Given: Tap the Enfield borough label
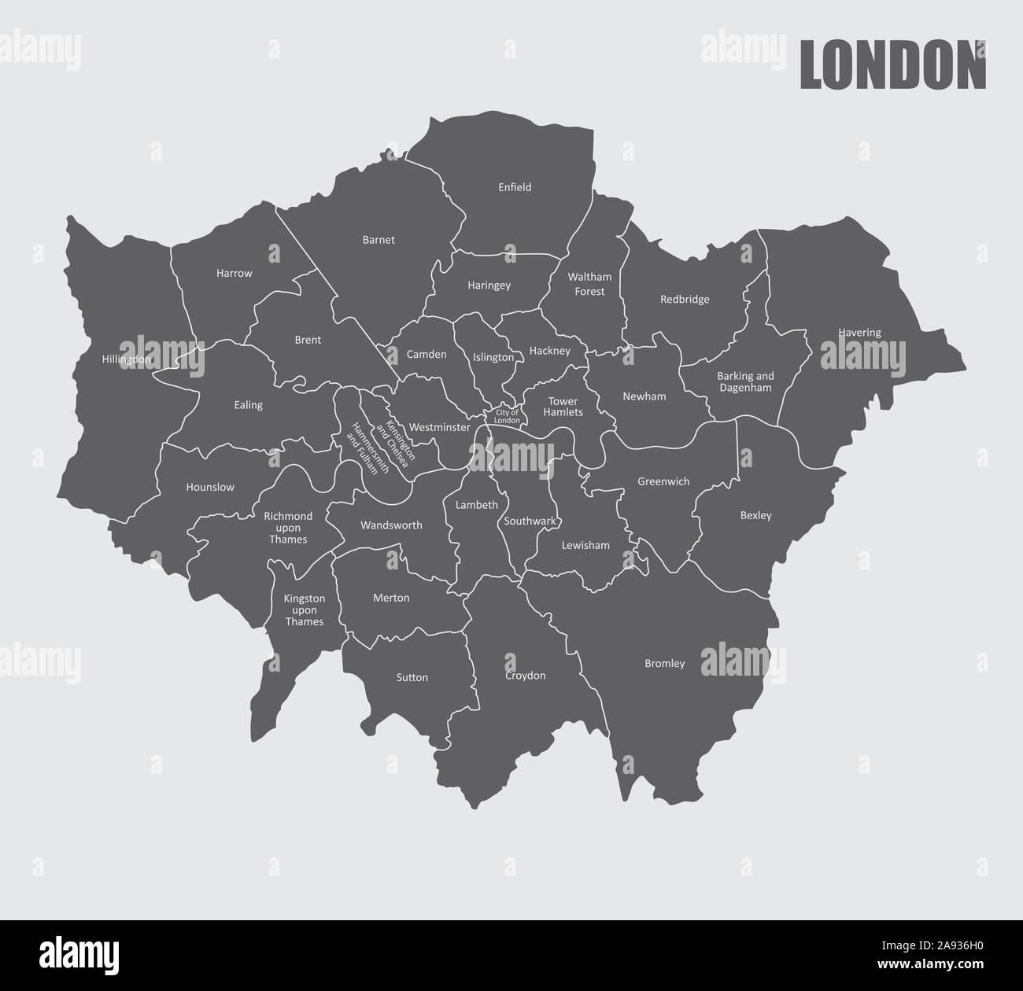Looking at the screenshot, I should (515, 187).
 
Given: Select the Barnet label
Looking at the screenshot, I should (379, 240).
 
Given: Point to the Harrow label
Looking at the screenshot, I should (235, 274).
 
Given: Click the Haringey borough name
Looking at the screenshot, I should (489, 286).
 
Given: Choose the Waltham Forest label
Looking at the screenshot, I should (589, 284).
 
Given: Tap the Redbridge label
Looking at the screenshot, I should (685, 300).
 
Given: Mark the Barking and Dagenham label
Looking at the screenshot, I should (745, 381).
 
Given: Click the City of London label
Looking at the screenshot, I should (507, 416).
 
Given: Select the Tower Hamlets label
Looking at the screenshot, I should (563, 407).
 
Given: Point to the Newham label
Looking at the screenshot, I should (644, 396).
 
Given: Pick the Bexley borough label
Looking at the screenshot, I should (755, 516).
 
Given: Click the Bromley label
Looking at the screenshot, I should (664, 664).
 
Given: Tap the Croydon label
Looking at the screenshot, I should (525, 676).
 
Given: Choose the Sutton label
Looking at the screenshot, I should (412, 677).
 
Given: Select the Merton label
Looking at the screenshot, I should (391, 598).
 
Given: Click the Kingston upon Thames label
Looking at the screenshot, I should (304, 610).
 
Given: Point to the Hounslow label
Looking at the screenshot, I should (210, 487).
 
